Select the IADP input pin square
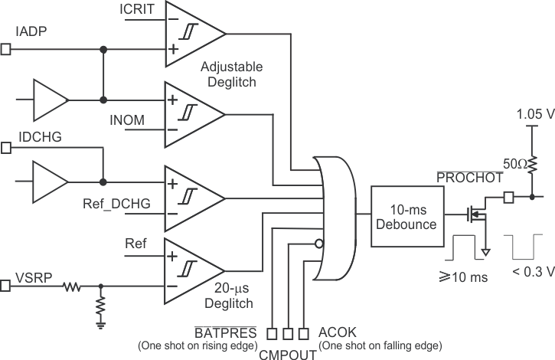(x=6, y=50)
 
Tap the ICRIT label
(x=138, y=9)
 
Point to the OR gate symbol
(x=335, y=217)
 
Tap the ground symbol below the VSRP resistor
(x=100, y=323)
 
